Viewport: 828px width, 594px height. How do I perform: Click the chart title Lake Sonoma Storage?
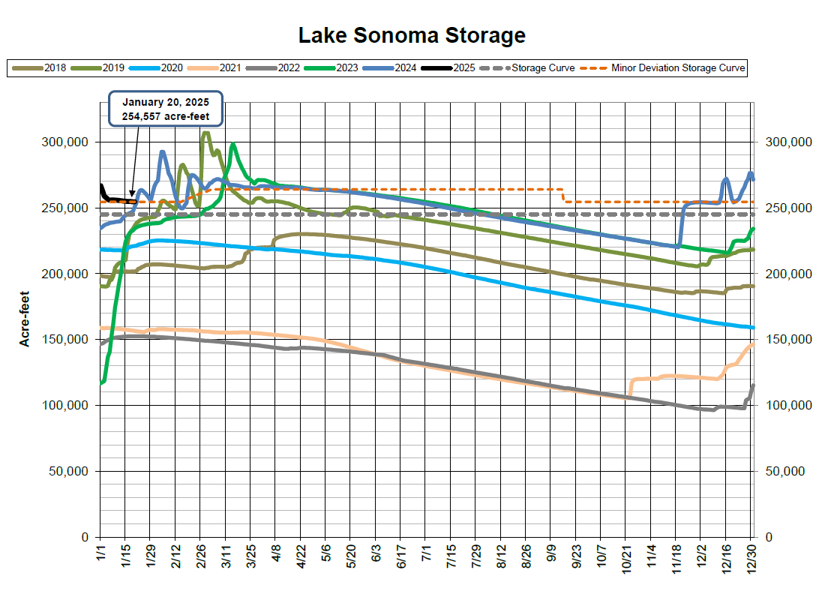click(412, 35)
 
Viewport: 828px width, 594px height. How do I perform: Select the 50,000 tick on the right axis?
click(783, 471)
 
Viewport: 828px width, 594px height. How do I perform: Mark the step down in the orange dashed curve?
click(563, 195)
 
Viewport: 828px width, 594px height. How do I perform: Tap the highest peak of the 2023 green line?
click(232, 144)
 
